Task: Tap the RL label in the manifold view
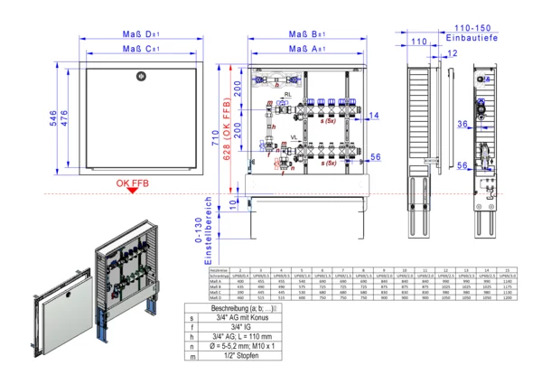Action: (288, 94)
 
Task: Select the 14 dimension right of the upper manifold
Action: (375, 115)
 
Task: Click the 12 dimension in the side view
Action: (452, 53)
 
